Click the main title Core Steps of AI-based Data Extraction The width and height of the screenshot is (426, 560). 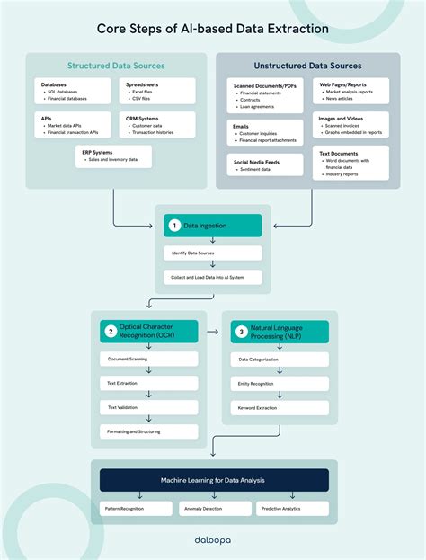tap(213, 29)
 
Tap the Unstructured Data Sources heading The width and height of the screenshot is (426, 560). tap(307, 66)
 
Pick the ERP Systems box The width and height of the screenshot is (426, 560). tap(114, 157)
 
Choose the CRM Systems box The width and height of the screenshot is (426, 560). tap(155, 124)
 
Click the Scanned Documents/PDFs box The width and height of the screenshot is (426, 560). tap(264, 95)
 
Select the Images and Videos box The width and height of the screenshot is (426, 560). tap(351, 124)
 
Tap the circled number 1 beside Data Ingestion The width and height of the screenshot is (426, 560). tap(174, 226)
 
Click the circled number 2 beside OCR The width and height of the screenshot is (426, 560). tap(110, 332)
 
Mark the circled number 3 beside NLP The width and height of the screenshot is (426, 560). tap(240, 332)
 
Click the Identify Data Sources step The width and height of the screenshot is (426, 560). tap(213, 253)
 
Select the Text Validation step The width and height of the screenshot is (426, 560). tap(148, 407)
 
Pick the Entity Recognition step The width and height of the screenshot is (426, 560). tap(279, 383)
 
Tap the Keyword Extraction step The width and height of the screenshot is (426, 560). tap(279, 407)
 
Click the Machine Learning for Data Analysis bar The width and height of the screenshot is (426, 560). tap(213, 480)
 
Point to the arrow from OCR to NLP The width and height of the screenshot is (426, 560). tap(211, 332)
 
